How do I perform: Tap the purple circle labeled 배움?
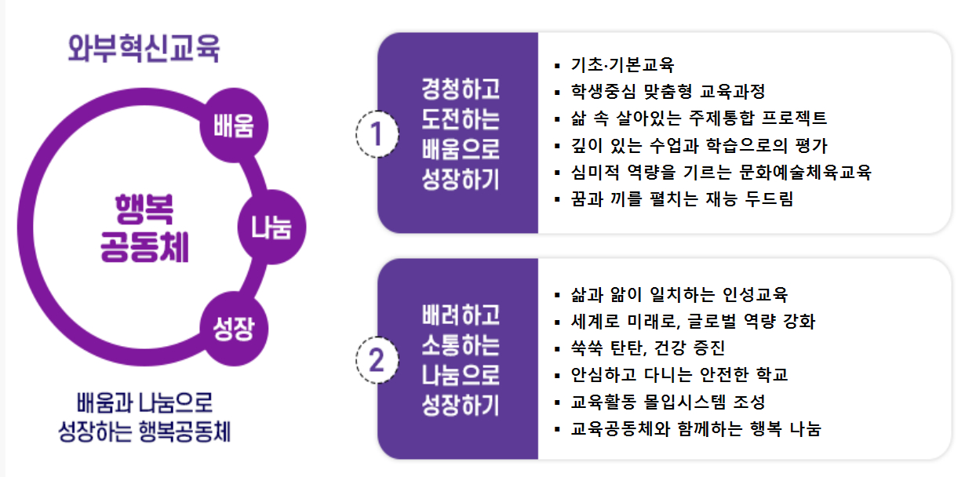click(234, 126)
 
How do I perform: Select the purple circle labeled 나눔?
click(271, 228)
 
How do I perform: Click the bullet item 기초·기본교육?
click(623, 65)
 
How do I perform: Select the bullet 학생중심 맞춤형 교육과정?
click(668, 92)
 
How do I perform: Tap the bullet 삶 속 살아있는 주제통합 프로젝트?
click(699, 118)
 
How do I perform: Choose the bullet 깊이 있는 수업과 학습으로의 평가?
click(699, 145)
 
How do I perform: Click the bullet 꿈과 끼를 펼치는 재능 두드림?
click(683, 199)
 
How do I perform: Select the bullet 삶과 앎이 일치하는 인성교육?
click(679, 295)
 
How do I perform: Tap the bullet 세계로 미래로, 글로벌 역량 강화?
click(694, 322)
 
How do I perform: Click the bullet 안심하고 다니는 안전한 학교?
click(679, 375)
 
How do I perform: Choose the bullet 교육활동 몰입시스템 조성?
click(668, 402)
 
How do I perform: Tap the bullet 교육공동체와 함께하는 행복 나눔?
click(696, 429)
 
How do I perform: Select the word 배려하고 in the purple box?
click(460, 315)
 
